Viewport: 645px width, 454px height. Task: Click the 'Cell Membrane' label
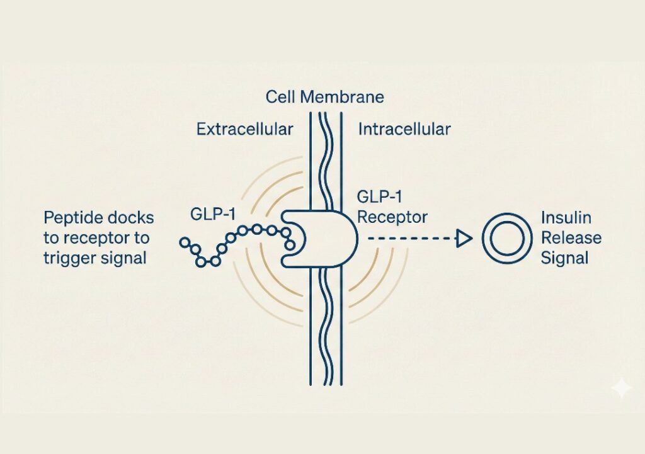click(324, 98)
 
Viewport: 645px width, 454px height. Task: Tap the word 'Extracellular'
click(244, 130)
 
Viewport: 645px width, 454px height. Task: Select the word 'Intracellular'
click(404, 130)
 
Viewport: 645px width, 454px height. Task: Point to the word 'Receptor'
click(392, 217)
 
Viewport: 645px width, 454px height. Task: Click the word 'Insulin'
click(566, 218)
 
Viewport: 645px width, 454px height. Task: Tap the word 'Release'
click(571, 238)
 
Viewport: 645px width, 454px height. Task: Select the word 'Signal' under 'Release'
click(564, 258)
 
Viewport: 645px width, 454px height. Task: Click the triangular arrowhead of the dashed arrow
click(464, 239)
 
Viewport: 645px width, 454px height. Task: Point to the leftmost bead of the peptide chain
click(185, 242)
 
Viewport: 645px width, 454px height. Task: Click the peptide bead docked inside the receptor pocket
click(290, 243)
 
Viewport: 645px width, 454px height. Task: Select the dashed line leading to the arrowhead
click(409, 239)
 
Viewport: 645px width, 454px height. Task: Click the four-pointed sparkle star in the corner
click(621, 388)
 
